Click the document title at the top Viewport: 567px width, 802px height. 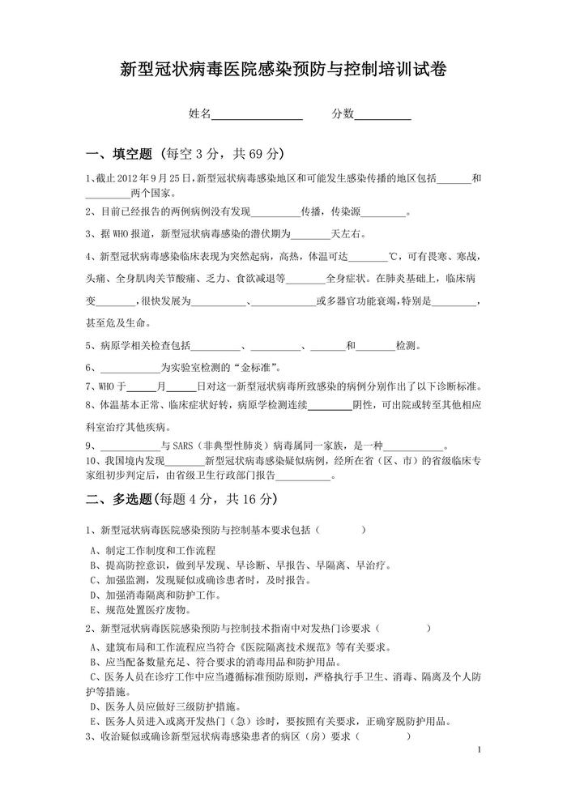[x=283, y=70]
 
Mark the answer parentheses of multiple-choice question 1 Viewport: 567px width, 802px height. [x=341, y=530]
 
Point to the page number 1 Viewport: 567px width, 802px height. [x=480, y=751]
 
